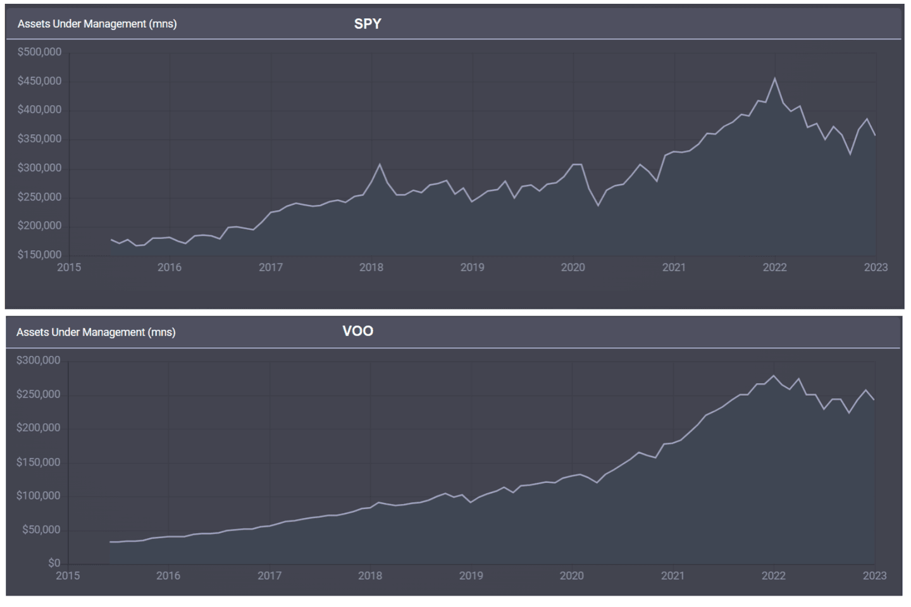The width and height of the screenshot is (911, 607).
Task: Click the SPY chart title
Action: coord(368,24)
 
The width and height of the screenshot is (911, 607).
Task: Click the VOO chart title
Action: coord(357,331)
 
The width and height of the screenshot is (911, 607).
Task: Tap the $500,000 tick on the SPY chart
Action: coord(39,52)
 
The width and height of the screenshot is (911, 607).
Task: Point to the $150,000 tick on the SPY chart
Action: coord(39,255)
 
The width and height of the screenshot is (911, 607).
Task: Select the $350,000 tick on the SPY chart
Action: coord(39,139)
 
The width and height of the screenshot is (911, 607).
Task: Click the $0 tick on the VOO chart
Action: coord(54,563)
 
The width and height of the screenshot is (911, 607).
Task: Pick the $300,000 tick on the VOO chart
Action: coord(39,360)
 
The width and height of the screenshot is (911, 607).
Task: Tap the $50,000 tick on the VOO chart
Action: coord(41,530)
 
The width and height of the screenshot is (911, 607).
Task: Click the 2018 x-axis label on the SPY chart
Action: coord(371,267)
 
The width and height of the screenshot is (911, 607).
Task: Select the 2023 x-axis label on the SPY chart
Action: coord(876,267)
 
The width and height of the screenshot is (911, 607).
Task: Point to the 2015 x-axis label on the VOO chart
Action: coord(68,576)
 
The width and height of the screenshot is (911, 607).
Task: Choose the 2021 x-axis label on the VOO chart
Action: coord(672,576)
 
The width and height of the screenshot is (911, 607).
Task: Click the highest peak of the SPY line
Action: coord(775,78)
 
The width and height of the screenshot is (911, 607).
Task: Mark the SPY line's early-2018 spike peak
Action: coord(380,164)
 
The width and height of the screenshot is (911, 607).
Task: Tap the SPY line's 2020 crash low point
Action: coord(598,205)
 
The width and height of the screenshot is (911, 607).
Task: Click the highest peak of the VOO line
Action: coord(773,376)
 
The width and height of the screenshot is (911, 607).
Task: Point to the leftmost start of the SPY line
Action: coord(111,239)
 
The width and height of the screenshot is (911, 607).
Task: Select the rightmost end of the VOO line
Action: coord(874,400)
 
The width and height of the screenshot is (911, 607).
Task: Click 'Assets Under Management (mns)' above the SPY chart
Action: coord(97,24)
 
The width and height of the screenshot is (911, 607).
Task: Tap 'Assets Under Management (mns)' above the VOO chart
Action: coord(96,333)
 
